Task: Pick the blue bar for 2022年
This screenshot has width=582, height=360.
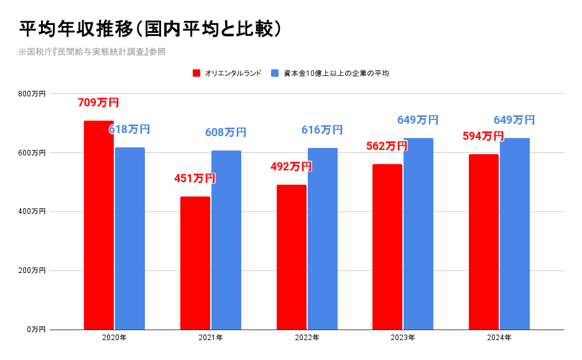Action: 323,239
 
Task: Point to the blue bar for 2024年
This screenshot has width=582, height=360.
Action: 515,234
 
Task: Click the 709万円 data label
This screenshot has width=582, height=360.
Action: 98,103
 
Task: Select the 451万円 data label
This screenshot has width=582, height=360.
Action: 195,178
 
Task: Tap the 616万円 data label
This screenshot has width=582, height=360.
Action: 322,130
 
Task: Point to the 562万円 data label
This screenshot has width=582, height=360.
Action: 387,146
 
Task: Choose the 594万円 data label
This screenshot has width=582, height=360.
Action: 483,136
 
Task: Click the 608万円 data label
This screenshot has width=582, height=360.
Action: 226,132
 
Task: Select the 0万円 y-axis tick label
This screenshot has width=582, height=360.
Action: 36,330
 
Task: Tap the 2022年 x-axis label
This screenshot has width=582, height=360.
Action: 307,338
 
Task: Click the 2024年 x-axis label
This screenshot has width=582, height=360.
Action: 499,338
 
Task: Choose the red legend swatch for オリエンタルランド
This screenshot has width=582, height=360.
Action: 196,73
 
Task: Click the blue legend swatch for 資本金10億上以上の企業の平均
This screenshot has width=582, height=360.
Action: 275,73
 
